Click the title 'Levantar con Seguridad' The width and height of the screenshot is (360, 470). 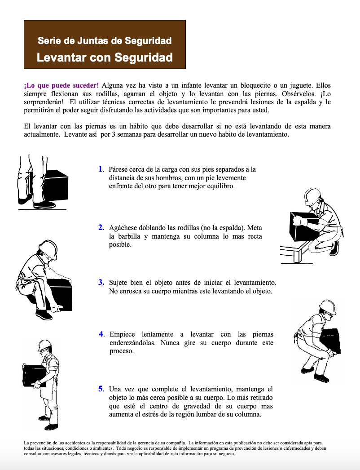[105, 58]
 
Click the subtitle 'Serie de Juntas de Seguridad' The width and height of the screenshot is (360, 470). [105, 41]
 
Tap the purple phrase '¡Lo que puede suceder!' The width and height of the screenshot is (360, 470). [61, 85]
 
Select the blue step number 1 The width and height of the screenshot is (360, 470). [101, 169]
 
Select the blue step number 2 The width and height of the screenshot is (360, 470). [101, 227]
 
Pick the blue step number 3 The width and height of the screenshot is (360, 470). [101, 283]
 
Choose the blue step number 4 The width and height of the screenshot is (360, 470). [101, 334]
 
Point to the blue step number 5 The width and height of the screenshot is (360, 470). [101, 389]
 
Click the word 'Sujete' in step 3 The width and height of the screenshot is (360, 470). [119, 283]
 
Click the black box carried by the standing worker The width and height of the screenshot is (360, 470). [33, 375]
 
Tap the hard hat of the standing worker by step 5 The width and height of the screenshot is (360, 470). [44, 345]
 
